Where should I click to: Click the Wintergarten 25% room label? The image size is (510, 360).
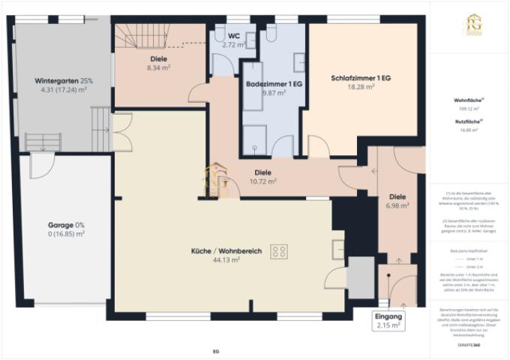(x=64, y=80)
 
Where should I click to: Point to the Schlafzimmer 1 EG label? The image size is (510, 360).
(x=361, y=78)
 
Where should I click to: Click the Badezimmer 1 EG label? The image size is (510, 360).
(x=274, y=84)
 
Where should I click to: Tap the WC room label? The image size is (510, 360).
(x=233, y=35)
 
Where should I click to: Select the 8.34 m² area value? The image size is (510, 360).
(x=157, y=67)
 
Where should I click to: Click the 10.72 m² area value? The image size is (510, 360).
(x=263, y=181)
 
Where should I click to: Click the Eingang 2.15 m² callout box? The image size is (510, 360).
(x=388, y=321)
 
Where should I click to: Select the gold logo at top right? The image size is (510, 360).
(x=473, y=23)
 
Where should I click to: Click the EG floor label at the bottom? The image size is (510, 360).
(x=215, y=350)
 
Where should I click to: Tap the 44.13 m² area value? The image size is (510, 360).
(x=225, y=260)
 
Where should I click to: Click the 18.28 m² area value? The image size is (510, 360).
(x=361, y=87)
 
